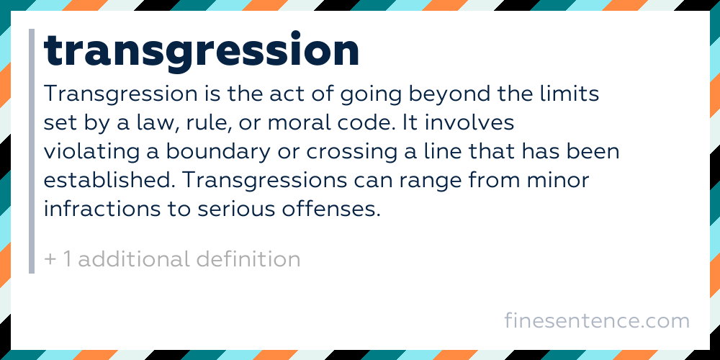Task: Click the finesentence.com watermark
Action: click(x=597, y=320)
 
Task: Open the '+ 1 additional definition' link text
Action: click(x=172, y=259)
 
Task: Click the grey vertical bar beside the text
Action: click(x=32, y=151)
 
